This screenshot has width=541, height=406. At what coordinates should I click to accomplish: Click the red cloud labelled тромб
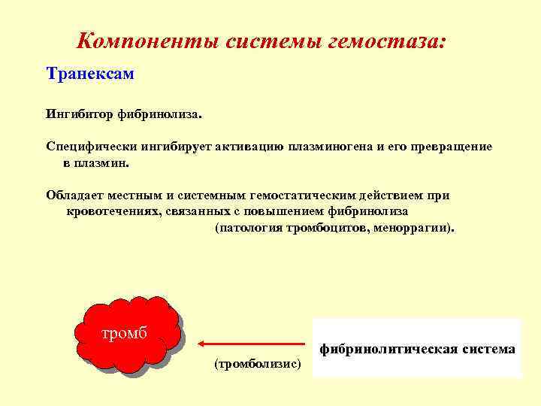(x=129, y=335)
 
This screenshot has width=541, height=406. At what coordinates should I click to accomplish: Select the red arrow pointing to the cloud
(x=249, y=344)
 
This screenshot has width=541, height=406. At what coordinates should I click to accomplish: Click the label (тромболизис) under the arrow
(x=258, y=364)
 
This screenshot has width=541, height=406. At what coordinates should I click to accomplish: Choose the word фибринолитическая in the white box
(x=386, y=349)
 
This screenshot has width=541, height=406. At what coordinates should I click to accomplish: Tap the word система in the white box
(x=486, y=349)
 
